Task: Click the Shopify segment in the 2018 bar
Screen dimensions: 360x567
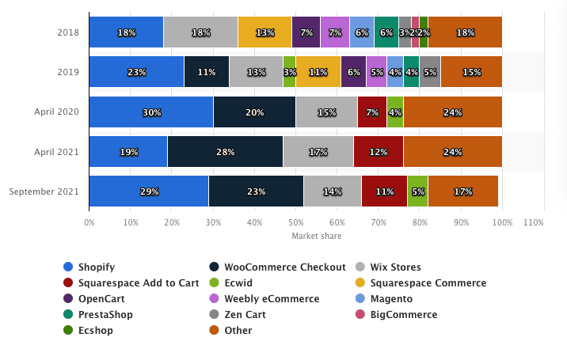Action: (x=126, y=32)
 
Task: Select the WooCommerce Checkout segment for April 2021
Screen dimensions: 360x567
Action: (x=225, y=151)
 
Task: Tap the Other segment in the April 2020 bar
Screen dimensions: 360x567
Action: (x=452, y=112)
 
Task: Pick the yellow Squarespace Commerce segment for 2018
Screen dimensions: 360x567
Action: (x=264, y=32)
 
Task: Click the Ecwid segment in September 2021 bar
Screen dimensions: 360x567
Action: (x=417, y=191)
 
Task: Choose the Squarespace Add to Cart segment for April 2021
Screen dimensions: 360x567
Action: (x=378, y=151)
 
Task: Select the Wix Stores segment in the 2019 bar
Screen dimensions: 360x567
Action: (x=256, y=72)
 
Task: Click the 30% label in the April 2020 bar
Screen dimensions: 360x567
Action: (x=150, y=112)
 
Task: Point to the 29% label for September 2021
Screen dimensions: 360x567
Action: (x=149, y=191)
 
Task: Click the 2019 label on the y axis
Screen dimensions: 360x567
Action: (x=68, y=72)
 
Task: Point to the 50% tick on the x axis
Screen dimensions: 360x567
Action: (x=296, y=223)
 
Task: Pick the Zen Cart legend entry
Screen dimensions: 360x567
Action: (x=244, y=314)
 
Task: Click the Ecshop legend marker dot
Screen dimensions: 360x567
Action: (x=68, y=330)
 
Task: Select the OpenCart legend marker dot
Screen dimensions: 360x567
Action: (x=68, y=298)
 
